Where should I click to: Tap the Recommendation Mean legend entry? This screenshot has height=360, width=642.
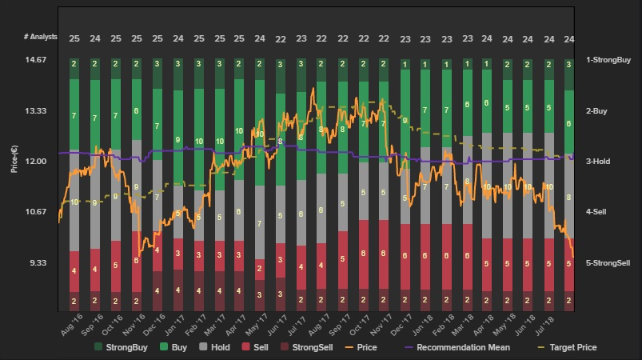[469, 347]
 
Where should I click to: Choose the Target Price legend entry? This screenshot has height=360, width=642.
[566, 347]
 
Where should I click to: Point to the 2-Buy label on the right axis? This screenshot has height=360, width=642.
[597, 111]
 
